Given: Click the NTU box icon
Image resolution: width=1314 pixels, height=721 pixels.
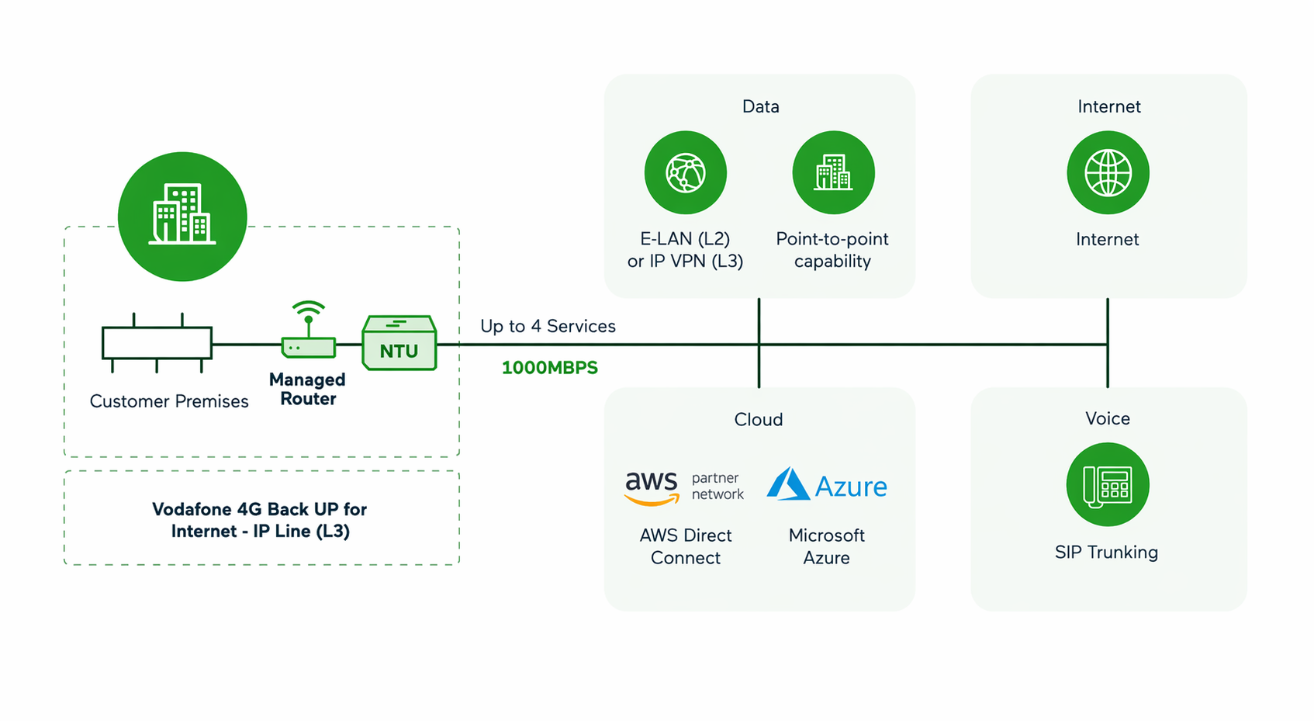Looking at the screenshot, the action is click(399, 343).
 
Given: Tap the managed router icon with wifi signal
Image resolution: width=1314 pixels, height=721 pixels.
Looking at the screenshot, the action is click(309, 329).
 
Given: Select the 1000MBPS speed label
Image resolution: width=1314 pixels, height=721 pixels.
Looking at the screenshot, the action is click(550, 368).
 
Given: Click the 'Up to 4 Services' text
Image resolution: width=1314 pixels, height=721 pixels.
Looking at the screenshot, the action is click(548, 326).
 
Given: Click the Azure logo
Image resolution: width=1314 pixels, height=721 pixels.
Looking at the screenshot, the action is click(827, 485).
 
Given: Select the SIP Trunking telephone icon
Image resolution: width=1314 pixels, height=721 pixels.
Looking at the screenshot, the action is click(1108, 484).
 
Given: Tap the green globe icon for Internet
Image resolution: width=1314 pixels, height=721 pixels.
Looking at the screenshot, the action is click(1108, 172).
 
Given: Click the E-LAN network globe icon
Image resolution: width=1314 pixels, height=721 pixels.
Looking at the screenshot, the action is click(686, 172).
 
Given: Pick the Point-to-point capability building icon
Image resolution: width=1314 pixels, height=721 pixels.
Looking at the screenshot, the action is click(834, 172).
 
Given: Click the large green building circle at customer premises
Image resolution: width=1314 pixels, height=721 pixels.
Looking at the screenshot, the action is click(182, 217).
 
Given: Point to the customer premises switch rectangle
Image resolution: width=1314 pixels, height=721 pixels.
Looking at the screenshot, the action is click(157, 343).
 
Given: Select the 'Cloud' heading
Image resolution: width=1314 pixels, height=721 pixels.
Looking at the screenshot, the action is click(759, 419).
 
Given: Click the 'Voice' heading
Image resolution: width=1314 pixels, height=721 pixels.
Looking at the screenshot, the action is click(1108, 418).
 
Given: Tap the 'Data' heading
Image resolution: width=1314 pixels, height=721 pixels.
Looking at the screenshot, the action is click(761, 106).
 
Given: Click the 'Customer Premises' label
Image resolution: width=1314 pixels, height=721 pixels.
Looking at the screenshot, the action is click(169, 401).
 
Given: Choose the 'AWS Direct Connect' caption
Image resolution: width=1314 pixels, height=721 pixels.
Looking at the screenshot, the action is click(685, 546).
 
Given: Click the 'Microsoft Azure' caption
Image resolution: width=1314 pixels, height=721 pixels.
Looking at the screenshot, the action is click(827, 546).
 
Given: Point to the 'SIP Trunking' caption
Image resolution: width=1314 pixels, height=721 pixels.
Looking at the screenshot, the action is click(1106, 552).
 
